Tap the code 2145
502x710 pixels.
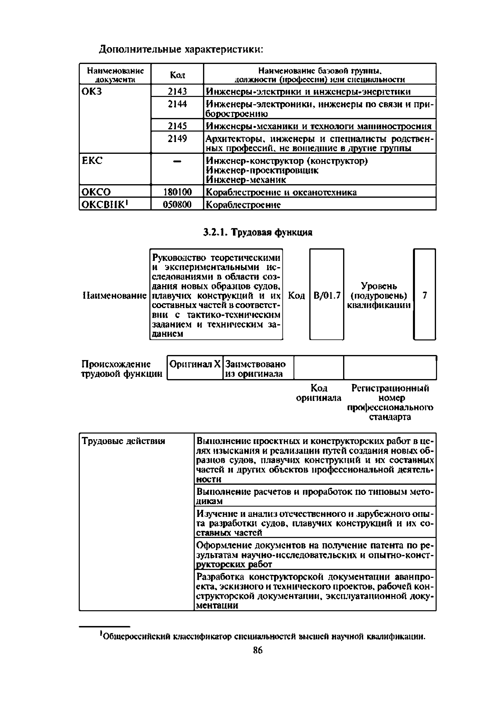(x=177, y=126)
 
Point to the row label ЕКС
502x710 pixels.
(x=92, y=161)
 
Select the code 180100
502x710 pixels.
(x=177, y=192)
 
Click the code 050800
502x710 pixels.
(x=177, y=204)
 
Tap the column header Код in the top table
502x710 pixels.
(x=177, y=75)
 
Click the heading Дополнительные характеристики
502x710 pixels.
(x=181, y=49)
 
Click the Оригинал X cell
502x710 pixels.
(x=195, y=364)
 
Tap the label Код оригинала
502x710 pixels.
(x=319, y=393)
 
